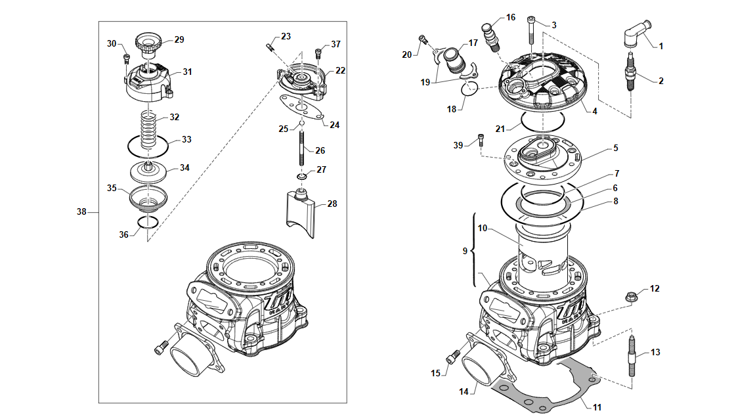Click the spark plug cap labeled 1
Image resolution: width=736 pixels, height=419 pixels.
636,33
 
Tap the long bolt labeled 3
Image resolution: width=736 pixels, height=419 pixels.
531,30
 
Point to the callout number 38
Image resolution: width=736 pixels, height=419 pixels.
81,212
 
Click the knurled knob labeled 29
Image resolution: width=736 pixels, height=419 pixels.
148,45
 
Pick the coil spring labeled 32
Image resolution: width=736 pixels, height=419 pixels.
149,129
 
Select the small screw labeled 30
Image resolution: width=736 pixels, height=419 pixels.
126,58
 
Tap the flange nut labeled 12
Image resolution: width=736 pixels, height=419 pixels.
632,296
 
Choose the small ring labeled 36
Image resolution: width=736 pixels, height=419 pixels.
148,222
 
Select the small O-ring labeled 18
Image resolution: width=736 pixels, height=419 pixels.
470,88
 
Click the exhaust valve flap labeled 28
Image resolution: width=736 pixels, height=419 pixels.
301,213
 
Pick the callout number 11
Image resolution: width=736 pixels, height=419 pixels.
597,407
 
